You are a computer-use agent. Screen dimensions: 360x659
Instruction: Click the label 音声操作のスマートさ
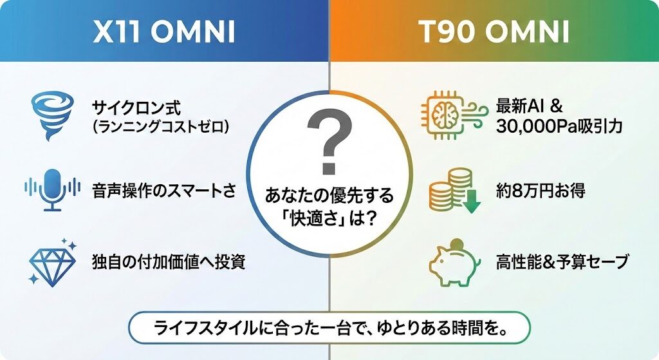tap(164, 191)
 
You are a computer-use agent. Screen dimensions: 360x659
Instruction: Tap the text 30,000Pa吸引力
tap(559, 126)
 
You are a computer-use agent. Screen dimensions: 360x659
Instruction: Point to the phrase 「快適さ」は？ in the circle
tap(329, 219)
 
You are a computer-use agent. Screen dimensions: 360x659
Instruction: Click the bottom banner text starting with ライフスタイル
tap(329, 328)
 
